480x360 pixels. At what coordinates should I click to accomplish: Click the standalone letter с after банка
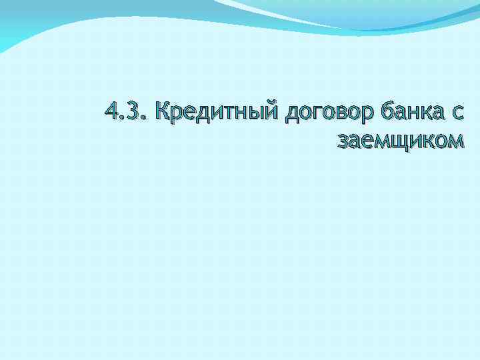[x=455, y=115]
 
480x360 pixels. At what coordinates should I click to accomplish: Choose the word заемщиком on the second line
[x=401, y=141]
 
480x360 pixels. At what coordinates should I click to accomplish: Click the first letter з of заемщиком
[x=344, y=141]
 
